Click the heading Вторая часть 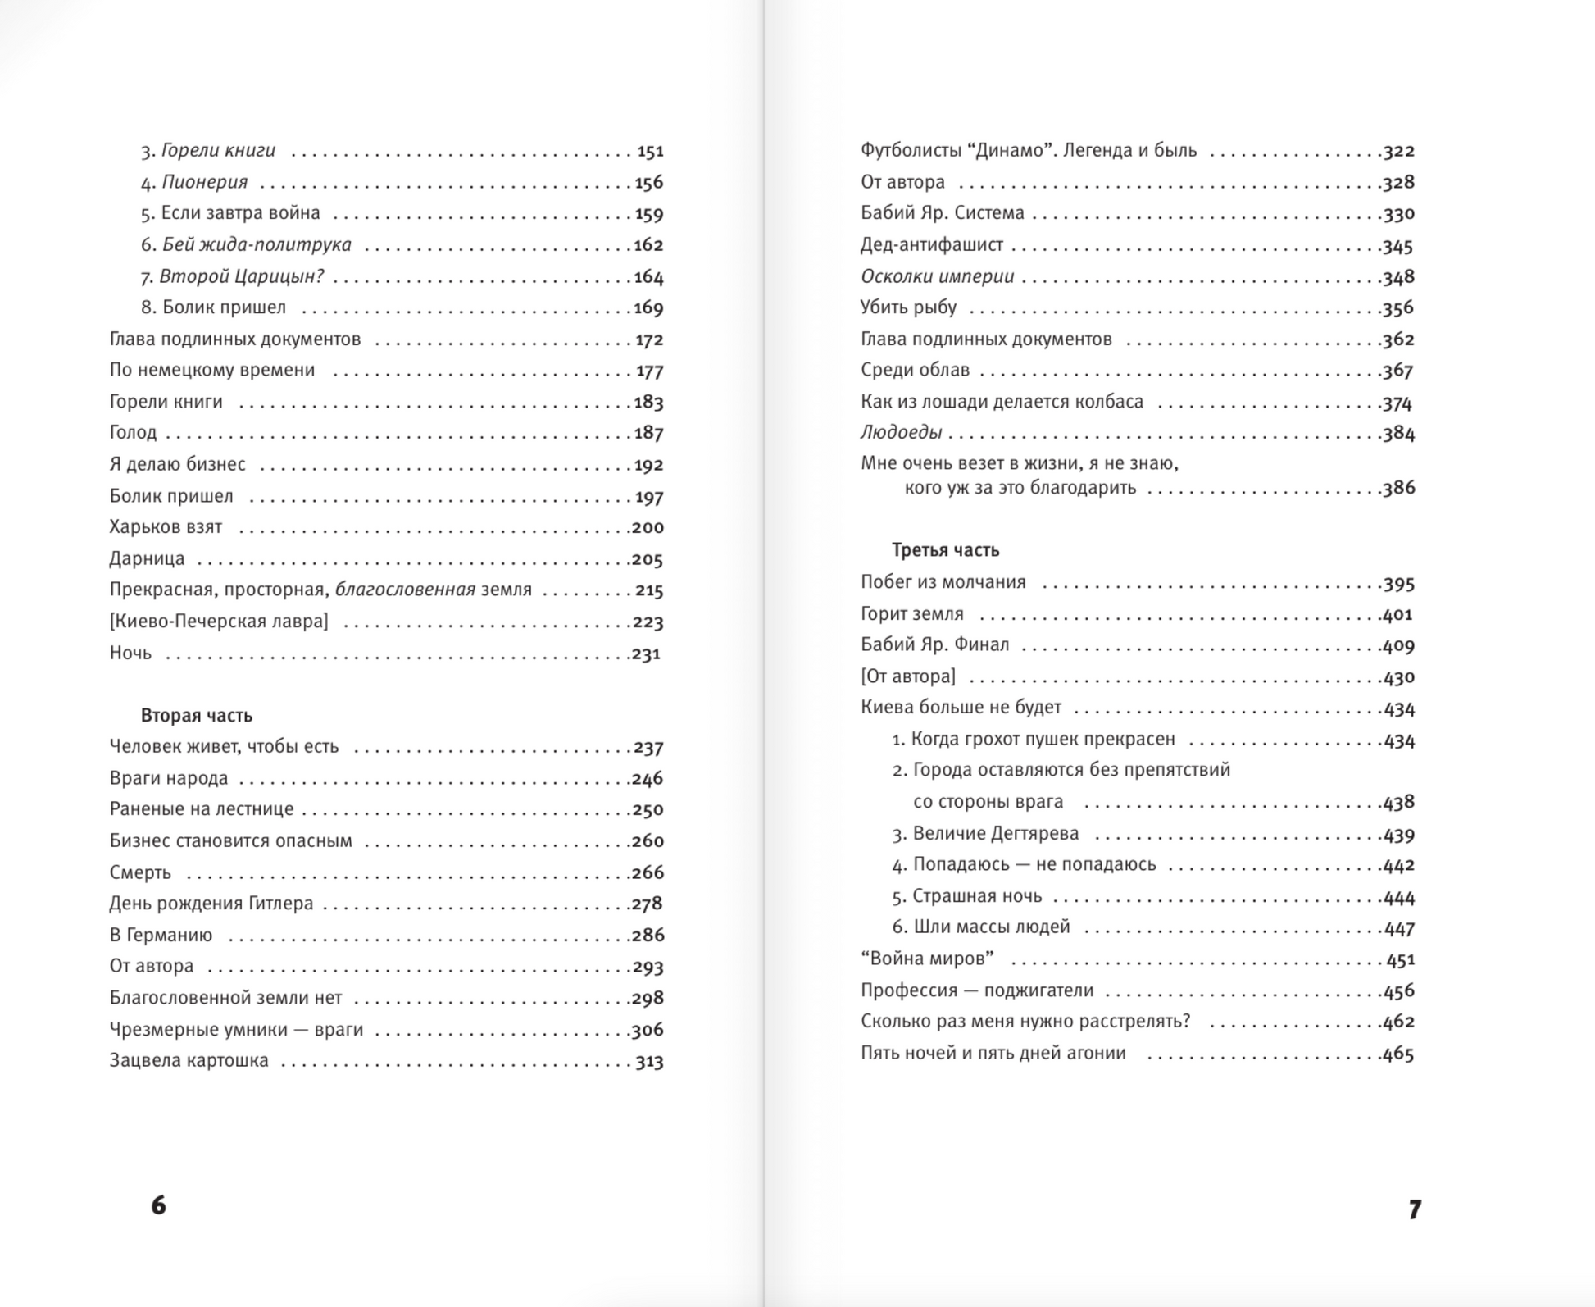click(x=196, y=716)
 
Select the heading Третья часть click(x=945, y=550)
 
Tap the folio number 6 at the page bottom click(x=159, y=1205)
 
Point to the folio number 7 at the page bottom click(x=1415, y=1209)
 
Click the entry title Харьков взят click(x=166, y=527)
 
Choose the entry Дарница click(x=147, y=559)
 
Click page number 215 click(x=648, y=590)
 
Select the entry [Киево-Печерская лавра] click(x=219, y=622)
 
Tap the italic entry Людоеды click(x=901, y=433)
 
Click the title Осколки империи click(x=937, y=277)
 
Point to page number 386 click(x=1398, y=488)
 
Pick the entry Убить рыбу click(x=908, y=307)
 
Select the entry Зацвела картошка click(x=189, y=1060)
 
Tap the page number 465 click(x=1398, y=1054)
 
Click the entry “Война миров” click(x=927, y=959)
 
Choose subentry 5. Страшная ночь click(x=966, y=896)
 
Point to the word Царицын click(x=279, y=277)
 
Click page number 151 click(x=650, y=152)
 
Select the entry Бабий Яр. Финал click(x=934, y=645)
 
